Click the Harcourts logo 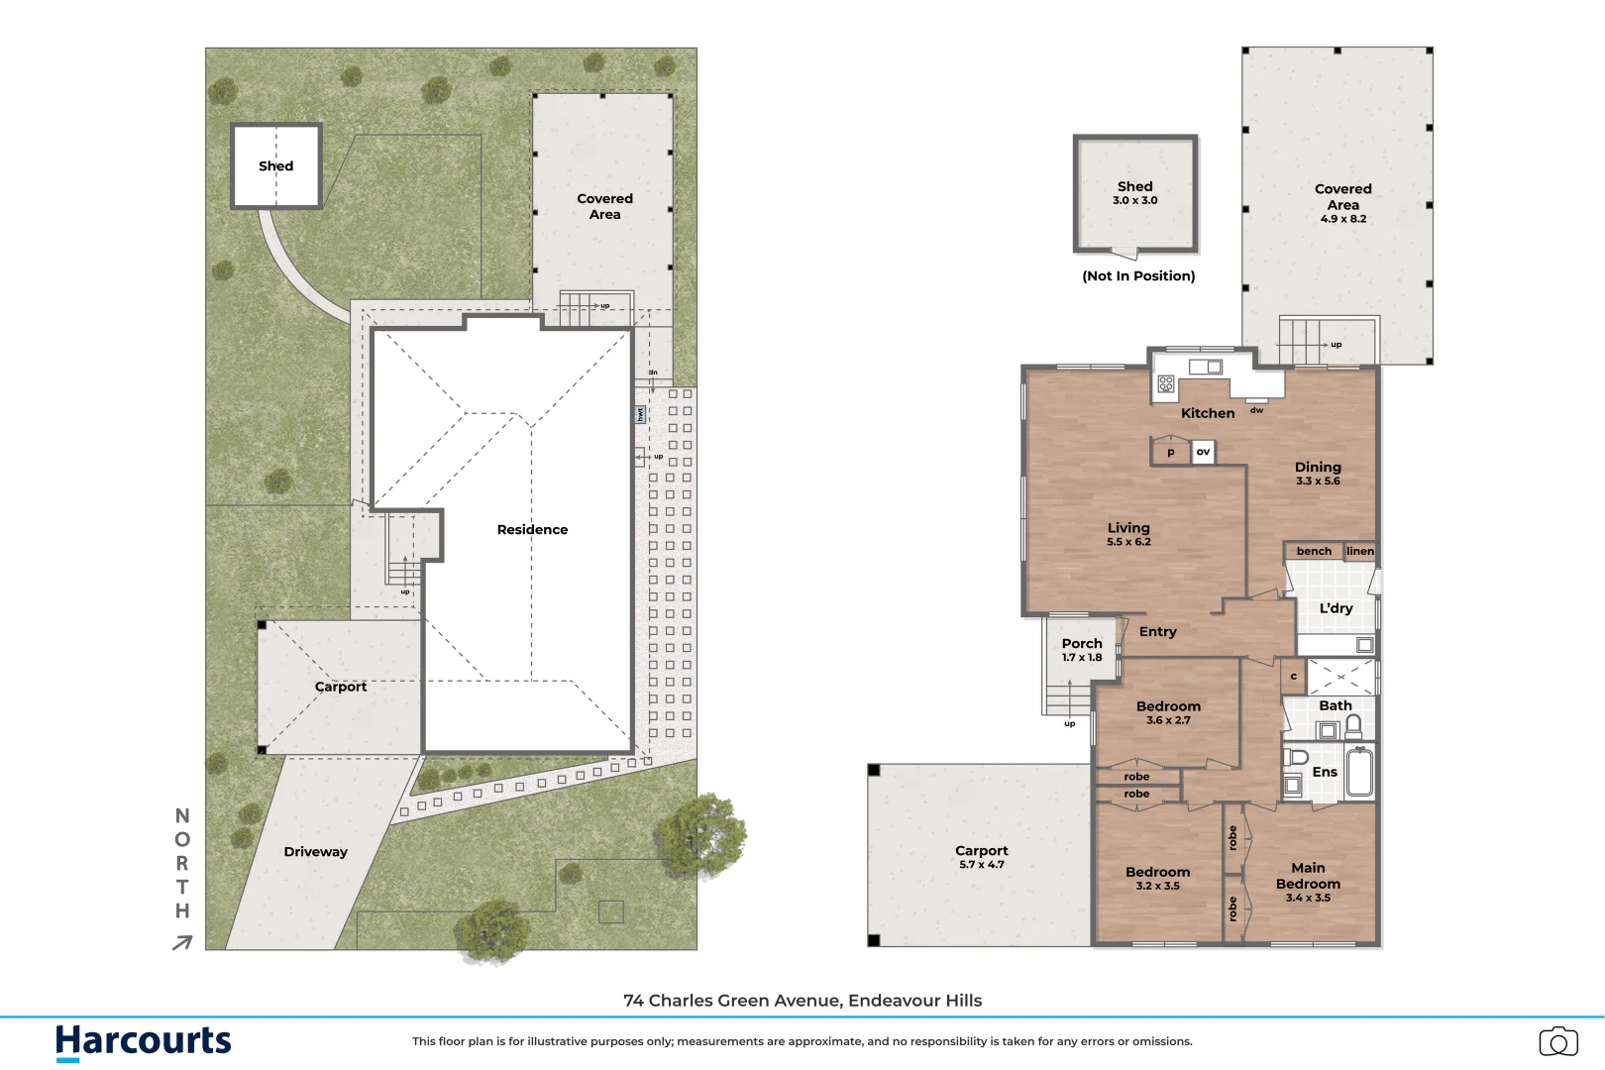point(143,1041)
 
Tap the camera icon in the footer point(1558,1041)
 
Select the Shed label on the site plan point(275,166)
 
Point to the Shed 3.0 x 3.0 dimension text point(1134,200)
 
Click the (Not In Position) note point(1138,276)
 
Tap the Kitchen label point(1208,413)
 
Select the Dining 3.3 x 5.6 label point(1318,473)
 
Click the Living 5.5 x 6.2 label point(1128,534)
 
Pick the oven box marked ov point(1203,452)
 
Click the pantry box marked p point(1170,452)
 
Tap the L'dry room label point(1336,608)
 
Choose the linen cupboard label point(1360,551)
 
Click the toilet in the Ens point(1295,758)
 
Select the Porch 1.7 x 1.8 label point(1081,649)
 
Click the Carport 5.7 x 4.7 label point(981,856)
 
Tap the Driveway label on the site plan point(315,852)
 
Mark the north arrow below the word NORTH point(182,943)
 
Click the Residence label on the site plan point(532,530)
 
